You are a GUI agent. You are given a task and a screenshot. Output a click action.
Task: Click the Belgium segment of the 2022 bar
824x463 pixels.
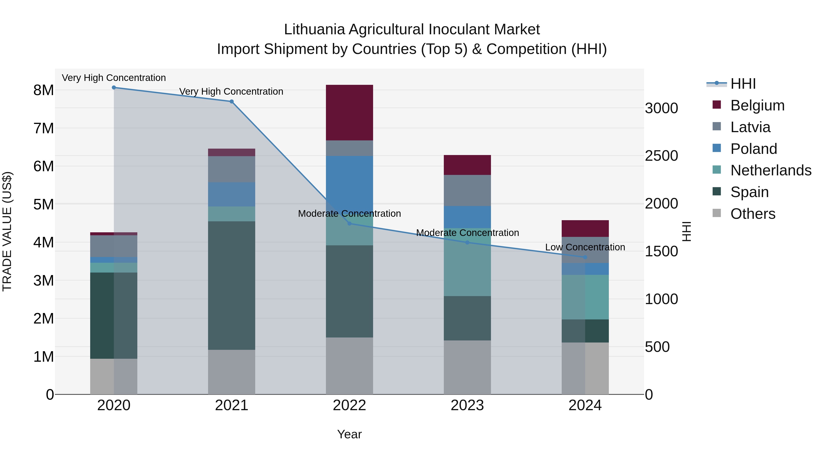click(x=349, y=112)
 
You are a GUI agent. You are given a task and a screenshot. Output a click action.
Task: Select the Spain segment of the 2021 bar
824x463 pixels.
click(x=232, y=285)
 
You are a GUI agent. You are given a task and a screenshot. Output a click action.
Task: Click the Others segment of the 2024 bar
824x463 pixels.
click(x=585, y=368)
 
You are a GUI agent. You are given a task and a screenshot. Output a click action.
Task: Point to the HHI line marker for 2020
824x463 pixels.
click(x=114, y=88)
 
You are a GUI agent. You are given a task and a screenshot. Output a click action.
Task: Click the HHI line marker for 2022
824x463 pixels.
click(x=349, y=223)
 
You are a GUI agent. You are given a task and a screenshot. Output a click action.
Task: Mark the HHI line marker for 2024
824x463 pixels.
click(x=585, y=257)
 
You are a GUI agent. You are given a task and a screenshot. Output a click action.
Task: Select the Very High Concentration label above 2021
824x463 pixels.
click(x=231, y=91)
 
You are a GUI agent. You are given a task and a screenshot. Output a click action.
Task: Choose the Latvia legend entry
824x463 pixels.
click(x=750, y=127)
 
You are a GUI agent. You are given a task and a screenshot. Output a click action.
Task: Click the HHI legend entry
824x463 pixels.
click(x=743, y=84)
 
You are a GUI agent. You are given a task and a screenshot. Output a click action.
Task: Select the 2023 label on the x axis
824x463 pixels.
click(x=467, y=405)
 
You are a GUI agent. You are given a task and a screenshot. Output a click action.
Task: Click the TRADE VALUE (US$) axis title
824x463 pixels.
click(x=7, y=231)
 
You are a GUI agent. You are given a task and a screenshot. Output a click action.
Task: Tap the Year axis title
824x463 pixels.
click(x=349, y=434)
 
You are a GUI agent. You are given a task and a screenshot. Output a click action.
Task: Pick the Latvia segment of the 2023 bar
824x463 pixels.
click(x=467, y=190)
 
